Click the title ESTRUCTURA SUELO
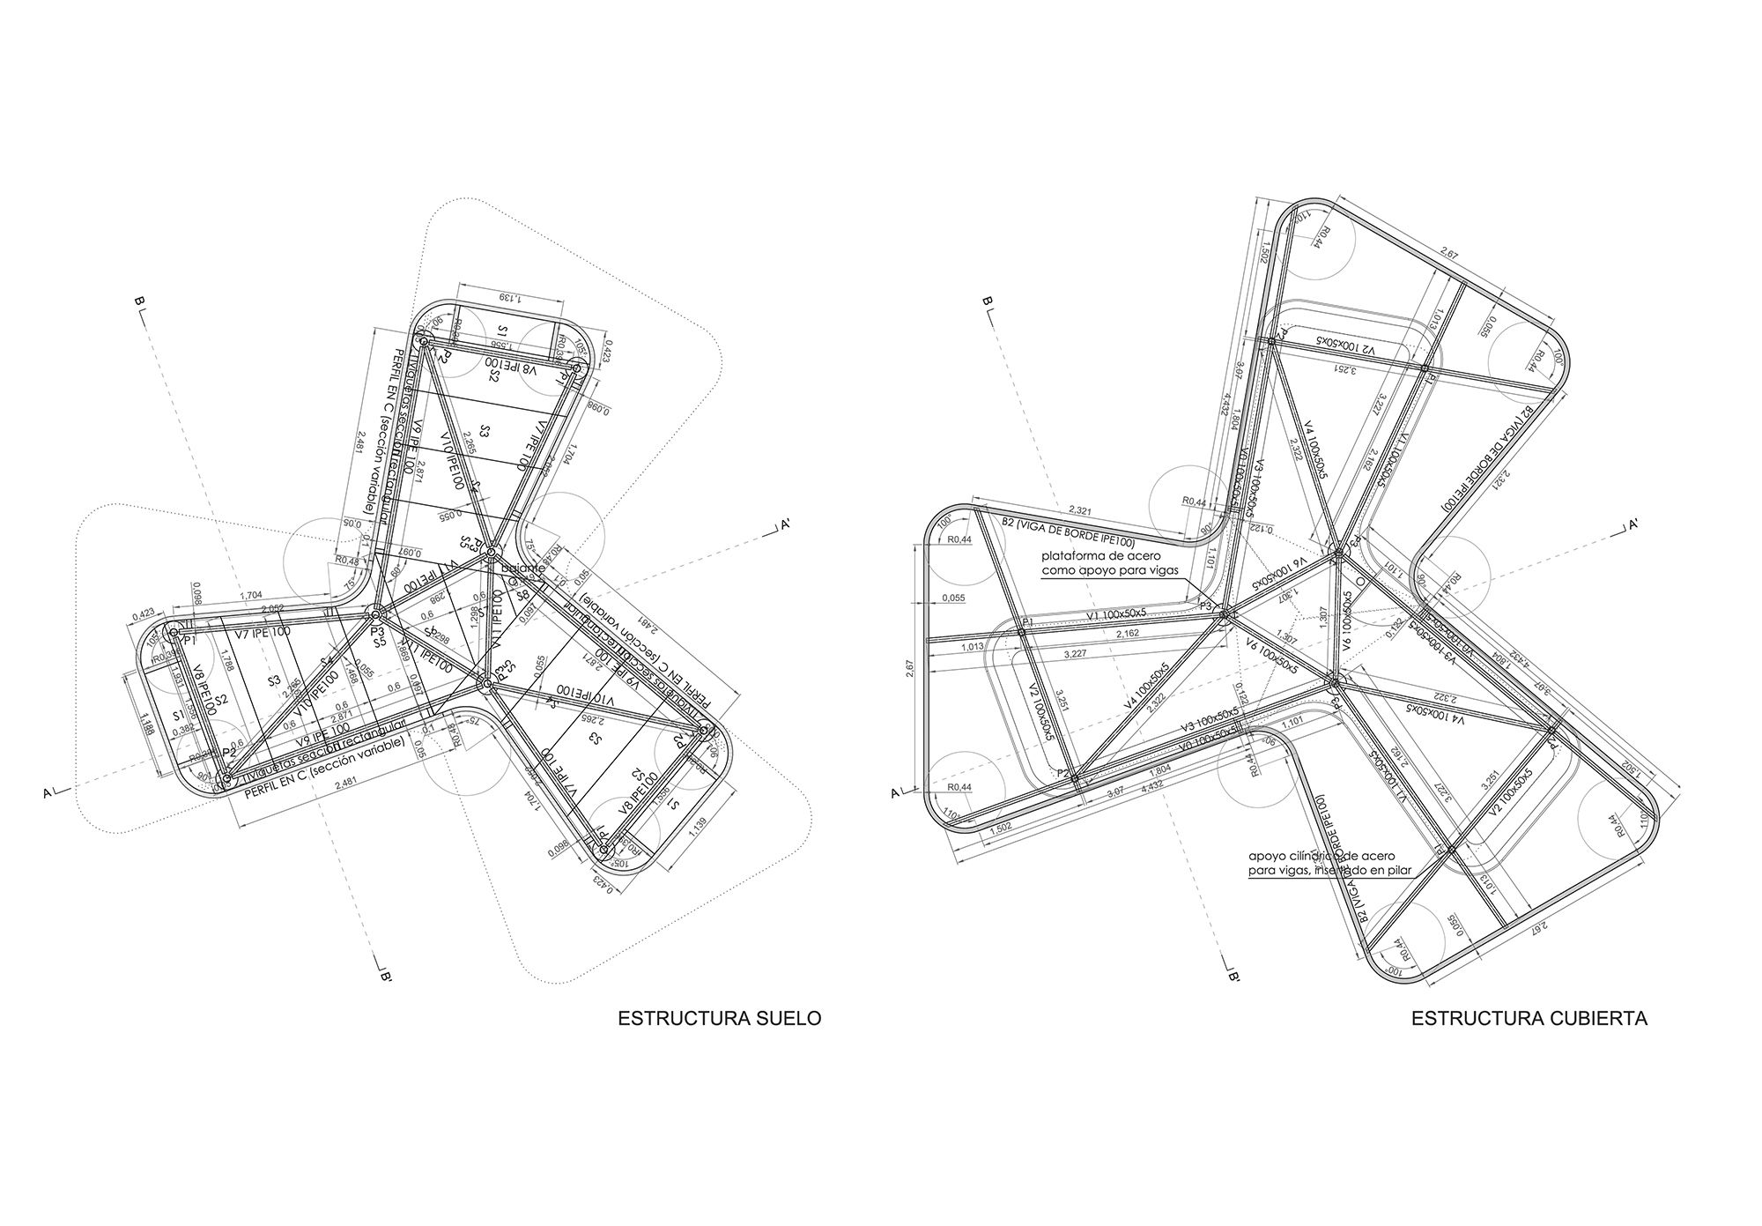coord(720,1018)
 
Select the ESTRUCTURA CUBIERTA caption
coord(1529,1018)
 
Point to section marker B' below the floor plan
coord(385,977)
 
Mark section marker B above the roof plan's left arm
coord(988,302)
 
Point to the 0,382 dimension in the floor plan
coord(182,731)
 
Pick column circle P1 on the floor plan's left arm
coord(174,632)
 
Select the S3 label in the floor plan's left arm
coord(274,680)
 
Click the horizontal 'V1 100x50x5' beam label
coord(1115,613)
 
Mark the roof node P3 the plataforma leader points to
coord(1223,618)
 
